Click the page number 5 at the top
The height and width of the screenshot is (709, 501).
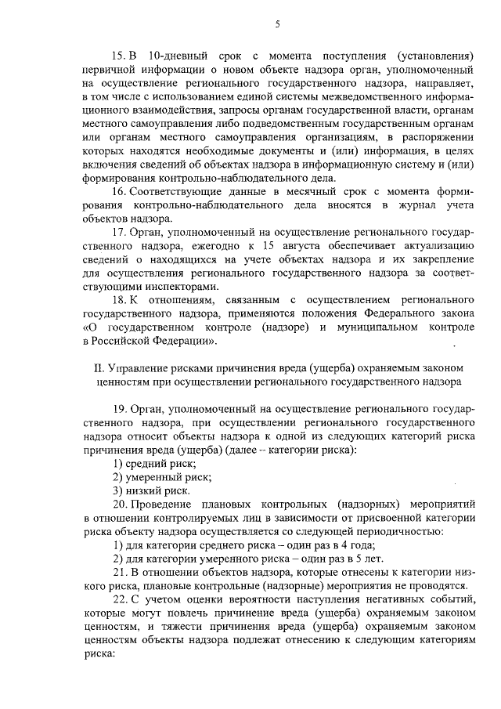click(277, 26)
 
